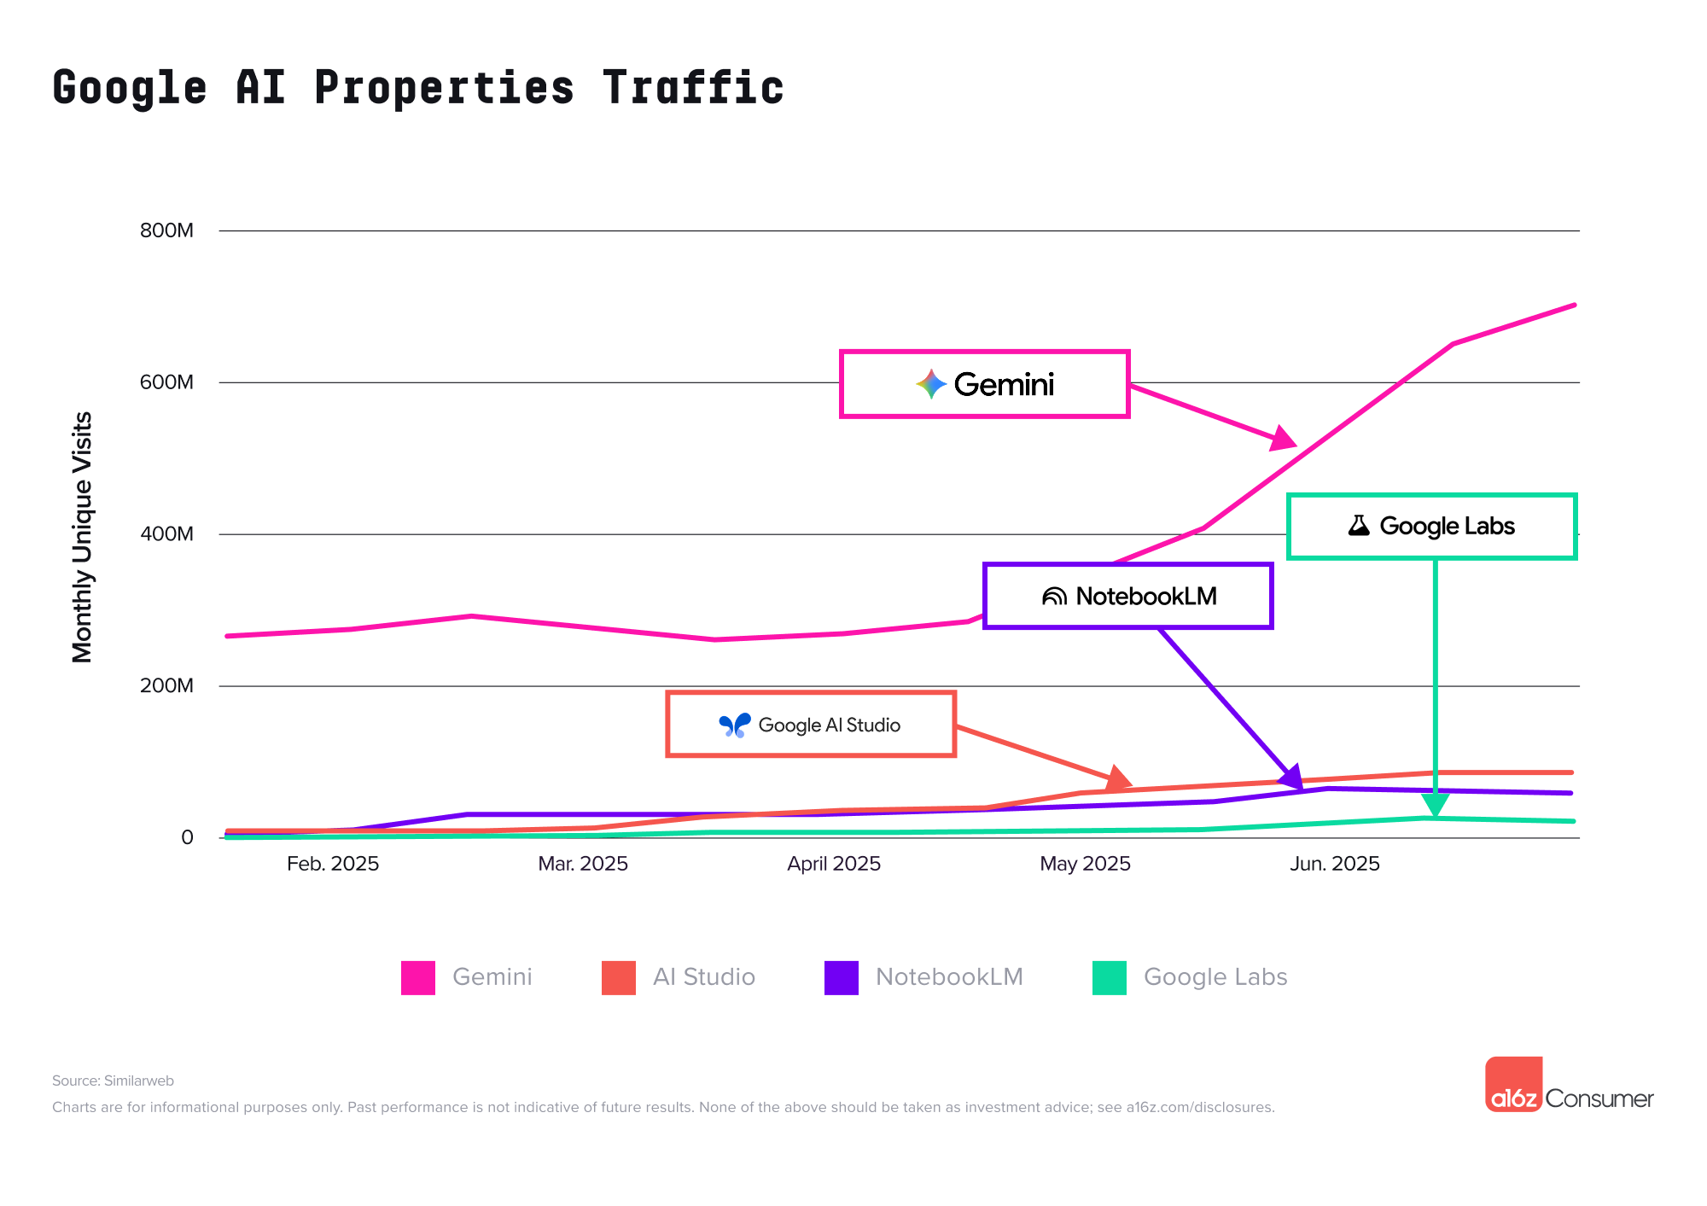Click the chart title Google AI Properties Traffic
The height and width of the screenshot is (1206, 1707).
tap(417, 88)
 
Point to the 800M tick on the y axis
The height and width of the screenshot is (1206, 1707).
tap(167, 230)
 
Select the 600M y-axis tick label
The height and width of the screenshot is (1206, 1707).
tap(167, 382)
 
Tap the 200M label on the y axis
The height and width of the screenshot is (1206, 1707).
tap(167, 686)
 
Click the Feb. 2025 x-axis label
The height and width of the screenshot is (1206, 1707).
tap(333, 864)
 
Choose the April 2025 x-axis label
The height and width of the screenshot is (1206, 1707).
tap(834, 864)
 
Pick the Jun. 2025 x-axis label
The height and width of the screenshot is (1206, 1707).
tap(1335, 864)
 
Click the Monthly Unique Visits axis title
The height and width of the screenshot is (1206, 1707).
tap(82, 537)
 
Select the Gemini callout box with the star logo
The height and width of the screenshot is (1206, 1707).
tap(985, 384)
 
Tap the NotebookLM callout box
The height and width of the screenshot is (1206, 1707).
tap(1128, 596)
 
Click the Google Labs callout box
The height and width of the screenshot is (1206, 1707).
tap(1431, 526)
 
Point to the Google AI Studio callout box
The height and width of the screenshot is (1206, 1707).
tap(811, 725)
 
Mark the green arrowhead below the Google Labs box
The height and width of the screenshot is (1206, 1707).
tap(1436, 805)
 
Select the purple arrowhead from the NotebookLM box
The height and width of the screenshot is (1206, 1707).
tap(1291, 777)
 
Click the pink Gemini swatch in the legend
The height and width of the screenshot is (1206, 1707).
tap(418, 977)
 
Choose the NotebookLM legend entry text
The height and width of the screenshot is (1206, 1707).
tap(949, 977)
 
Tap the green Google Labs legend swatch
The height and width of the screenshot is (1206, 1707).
tap(1110, 977)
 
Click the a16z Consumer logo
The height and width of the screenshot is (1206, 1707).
tap(1569, 1086)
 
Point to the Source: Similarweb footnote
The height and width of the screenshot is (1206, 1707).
tap(113, 1081)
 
